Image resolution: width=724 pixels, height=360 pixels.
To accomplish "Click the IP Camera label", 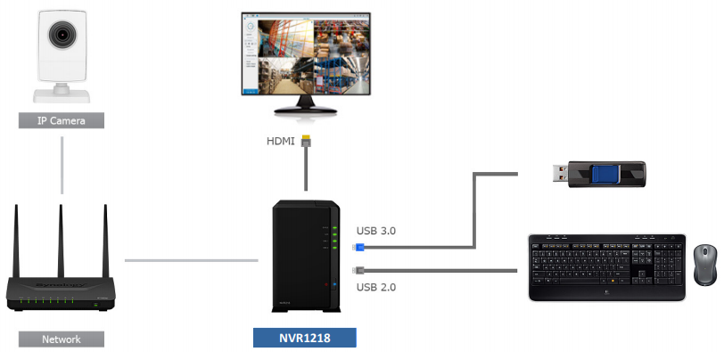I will pyautogui.click(x=60, y=120).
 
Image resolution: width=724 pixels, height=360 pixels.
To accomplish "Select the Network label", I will pyautogui.click(x=61, y=340).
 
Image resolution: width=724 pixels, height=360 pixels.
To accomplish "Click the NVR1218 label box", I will pyautogui.click(x=304, y=339).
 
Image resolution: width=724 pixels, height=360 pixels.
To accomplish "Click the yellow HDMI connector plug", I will pyautogui.click(x=307, y=142).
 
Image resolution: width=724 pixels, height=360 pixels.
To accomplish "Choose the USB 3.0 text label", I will pyautogui.click(x=375, y=231).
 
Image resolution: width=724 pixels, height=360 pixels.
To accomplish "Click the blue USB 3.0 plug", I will pyautogui.click(x=358, y=245).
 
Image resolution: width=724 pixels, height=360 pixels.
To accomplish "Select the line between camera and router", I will pyautogui.click(x=61, y=165).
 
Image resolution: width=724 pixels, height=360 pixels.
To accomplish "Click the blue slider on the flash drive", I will pyautogui.click(x=605, y=173).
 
